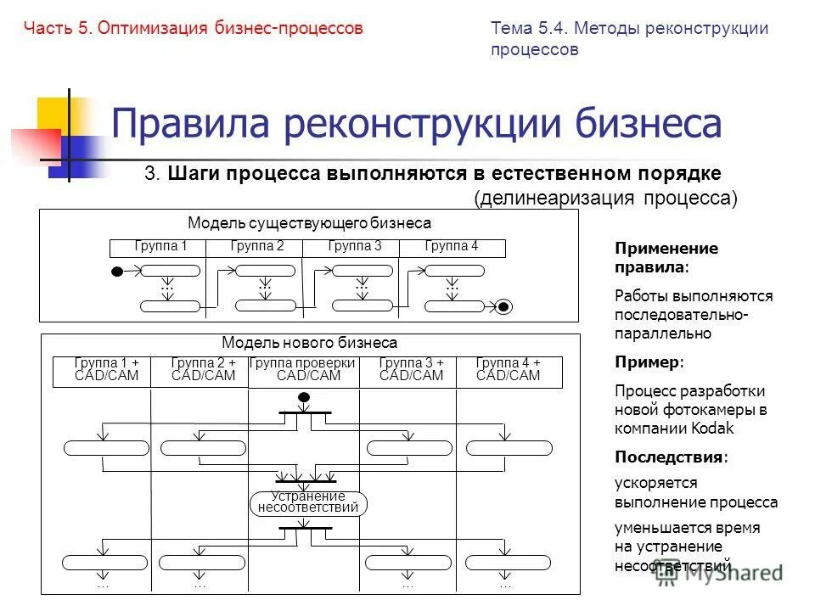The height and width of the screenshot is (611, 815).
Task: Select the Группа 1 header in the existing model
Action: (160, 247)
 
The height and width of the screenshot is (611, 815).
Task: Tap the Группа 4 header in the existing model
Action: (452, 247)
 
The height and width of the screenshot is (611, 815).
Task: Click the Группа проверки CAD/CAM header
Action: (303, 370)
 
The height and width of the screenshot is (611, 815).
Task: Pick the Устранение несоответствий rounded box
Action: (308, 502)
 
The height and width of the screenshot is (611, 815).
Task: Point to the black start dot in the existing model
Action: (117, 272)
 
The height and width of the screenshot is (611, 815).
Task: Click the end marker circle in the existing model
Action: (504, 306)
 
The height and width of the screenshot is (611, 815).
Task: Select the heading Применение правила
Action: (666, 258)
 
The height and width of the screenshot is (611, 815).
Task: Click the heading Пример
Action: (648, 362)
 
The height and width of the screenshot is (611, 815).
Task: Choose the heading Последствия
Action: (670, 457)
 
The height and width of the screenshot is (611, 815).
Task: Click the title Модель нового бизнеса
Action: (309, 343)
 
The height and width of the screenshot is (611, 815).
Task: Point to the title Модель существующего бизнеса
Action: (309, 223)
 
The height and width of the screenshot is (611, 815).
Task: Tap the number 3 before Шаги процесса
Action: (150, 174)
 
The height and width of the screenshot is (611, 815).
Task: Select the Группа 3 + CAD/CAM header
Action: (411, 370)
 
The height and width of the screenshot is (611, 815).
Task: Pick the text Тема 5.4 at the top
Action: (527, 28)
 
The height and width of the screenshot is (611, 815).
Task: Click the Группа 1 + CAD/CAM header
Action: (106, 370)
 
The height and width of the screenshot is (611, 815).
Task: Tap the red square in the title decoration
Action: (34, 144)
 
